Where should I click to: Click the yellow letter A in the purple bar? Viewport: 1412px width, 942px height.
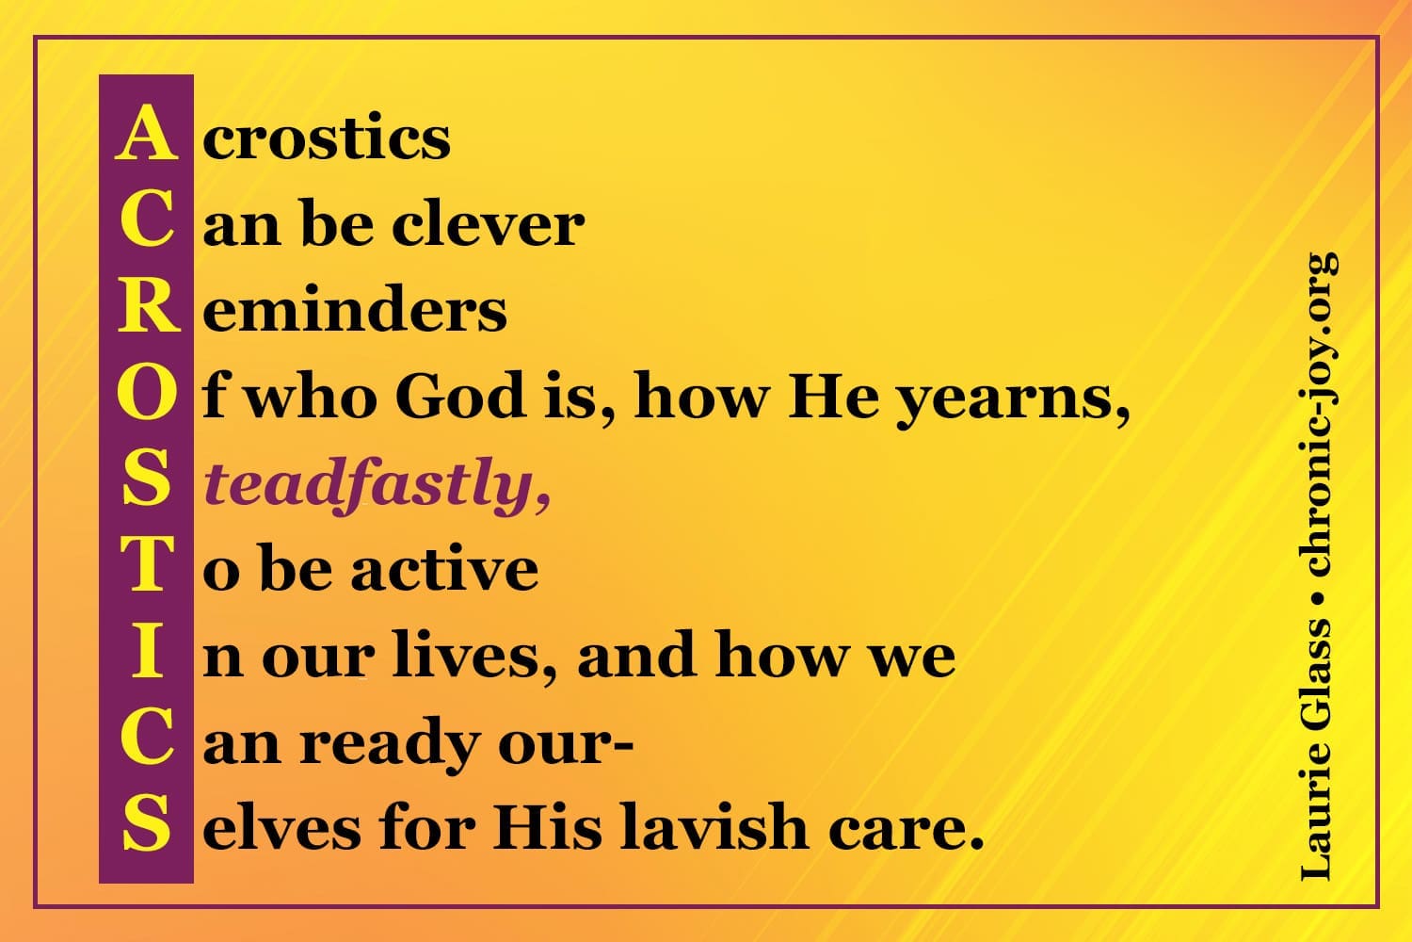pos(146,133)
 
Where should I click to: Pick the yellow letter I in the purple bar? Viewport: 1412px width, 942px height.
pos(146,651)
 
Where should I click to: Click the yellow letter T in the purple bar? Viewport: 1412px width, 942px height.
pos(146,563)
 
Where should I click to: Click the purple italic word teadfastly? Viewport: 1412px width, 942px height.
pos(377,487)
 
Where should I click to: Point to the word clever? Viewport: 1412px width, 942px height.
pos(488,222)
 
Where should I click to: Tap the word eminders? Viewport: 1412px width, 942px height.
pos(354,308)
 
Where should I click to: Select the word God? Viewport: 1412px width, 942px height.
pos(460,395)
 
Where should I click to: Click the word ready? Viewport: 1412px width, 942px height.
pos(390,746)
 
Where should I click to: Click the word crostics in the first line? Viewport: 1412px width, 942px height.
pos(327,137)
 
